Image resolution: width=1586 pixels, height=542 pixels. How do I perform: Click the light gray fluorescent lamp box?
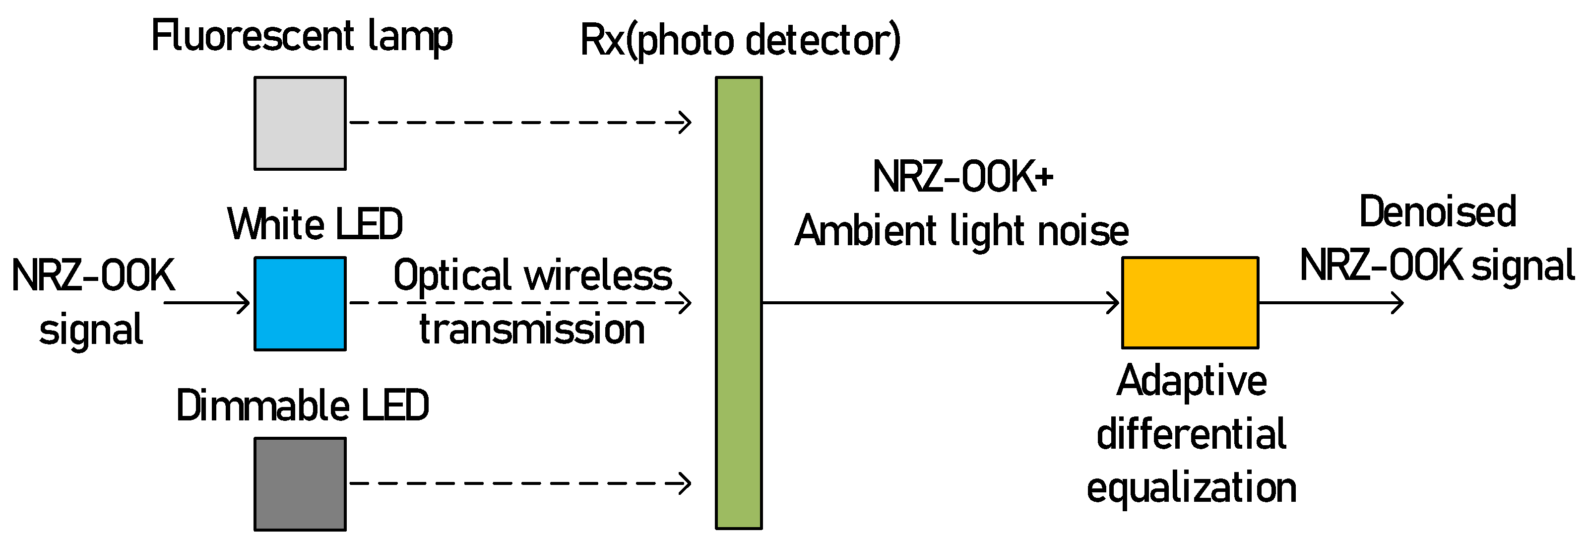coord(300,123)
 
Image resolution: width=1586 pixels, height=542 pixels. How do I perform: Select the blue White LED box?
coord(300,304)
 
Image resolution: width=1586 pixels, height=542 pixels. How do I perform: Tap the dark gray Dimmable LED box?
coord(300,484)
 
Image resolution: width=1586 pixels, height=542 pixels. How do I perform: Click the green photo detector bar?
coord(738,302)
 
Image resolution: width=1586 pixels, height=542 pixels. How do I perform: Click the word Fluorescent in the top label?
coord(253,36)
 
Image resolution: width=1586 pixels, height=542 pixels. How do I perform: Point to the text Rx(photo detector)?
coord(740,41)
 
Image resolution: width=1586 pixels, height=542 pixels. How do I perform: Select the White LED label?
coord(315,224)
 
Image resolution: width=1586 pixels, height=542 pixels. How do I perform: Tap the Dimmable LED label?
coord(302,406)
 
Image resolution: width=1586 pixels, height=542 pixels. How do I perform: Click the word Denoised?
coord(1437,212)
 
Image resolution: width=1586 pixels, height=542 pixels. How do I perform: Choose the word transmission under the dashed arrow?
coord(532,330)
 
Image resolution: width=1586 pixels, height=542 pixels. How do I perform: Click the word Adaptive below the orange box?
coord(1191,381)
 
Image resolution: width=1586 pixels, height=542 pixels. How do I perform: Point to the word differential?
coord(1191,435)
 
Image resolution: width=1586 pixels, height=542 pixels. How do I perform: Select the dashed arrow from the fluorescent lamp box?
coord(520,123)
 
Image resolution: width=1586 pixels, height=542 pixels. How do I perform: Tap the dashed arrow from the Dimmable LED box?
coord(520,483)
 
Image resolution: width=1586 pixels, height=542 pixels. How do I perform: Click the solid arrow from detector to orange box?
coord(941,302)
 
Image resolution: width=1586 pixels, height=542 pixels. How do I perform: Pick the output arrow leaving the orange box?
coord(1330,302)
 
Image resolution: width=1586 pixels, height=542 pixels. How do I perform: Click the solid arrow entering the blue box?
coord(206,302)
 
